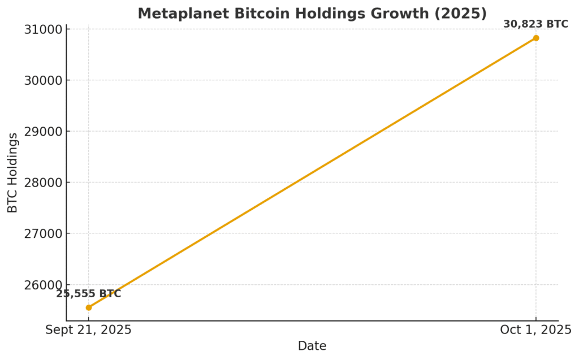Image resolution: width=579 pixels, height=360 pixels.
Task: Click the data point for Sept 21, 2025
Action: (x=89, y=307)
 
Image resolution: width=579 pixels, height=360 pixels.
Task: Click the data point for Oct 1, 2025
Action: (x=535, y=38)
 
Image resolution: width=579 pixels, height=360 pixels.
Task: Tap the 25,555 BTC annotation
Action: (x=89, y=294)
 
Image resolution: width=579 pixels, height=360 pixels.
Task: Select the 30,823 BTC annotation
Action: (x=535, y=24)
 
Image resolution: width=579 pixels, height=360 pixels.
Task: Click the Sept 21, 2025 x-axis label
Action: (x=89, y=330)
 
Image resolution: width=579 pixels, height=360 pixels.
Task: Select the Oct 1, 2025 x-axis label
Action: (x=535, y=330)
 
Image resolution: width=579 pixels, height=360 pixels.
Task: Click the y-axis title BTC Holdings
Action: (x=13, y=173)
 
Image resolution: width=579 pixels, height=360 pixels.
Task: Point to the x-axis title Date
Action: (x=312, y=346)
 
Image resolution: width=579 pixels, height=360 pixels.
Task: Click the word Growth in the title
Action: (x=407, y=14)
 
